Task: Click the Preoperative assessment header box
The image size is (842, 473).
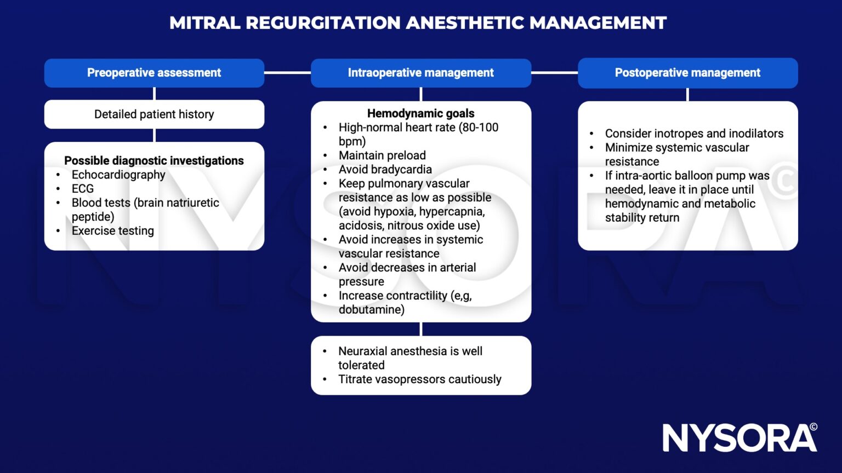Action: point(154,73)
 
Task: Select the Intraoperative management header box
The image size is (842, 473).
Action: point(421,73)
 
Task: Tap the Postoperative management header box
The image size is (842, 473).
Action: point(688,73)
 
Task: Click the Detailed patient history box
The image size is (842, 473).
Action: point(154,114)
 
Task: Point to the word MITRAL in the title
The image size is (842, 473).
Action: point(205,23)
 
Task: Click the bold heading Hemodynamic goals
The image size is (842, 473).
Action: point(420,113)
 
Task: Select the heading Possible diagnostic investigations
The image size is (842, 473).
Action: point(153,160)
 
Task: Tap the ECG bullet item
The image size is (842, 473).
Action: point(83,188)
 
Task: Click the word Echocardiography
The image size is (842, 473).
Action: point(118,175)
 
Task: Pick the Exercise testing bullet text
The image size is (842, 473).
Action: point(113,231)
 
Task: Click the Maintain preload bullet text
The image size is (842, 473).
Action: point(382,155)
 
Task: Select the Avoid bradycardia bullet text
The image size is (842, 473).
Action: point(385,170)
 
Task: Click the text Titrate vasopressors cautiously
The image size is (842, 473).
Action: point(420,379)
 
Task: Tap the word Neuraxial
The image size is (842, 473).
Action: point(363,351)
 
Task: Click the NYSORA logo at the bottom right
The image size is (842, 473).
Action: point(739,438)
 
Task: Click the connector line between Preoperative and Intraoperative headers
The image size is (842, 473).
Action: point(288,73)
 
